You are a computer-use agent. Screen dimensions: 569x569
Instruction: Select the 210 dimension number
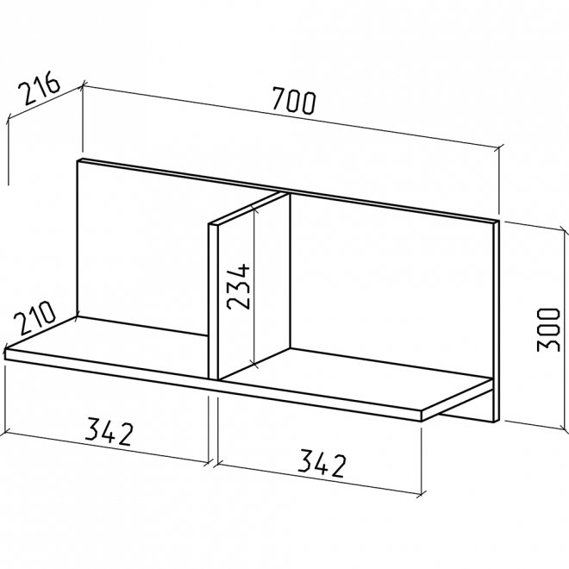[35, 319]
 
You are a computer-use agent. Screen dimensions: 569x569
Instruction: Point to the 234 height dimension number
[242, 285]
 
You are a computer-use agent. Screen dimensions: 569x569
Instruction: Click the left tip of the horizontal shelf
[6, 351]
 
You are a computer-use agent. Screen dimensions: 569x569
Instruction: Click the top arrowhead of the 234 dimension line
[256, 207]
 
